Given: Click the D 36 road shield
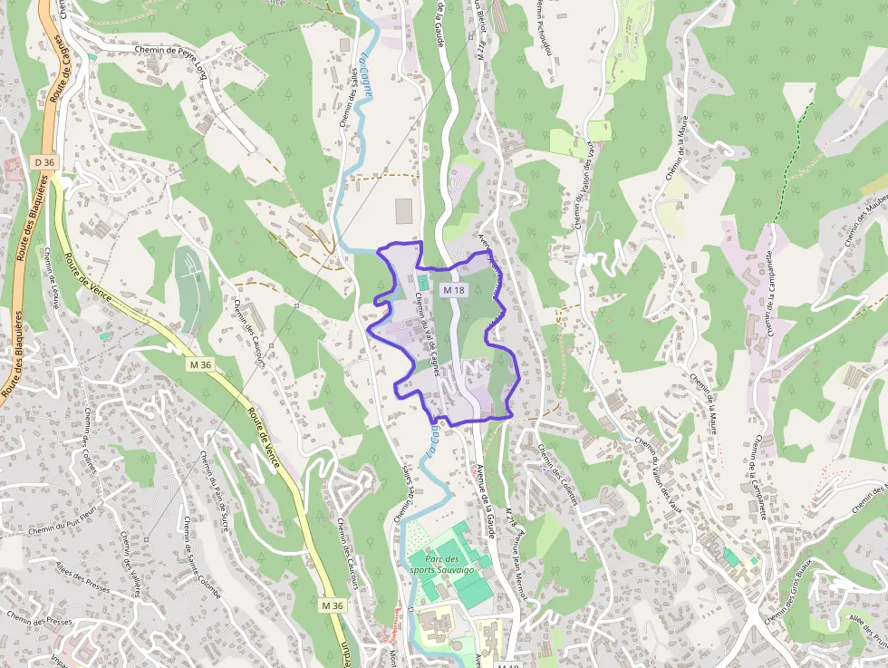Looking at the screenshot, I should (43, 162).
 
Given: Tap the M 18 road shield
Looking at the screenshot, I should (453, 289).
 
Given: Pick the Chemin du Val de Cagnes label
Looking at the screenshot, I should (426, 325).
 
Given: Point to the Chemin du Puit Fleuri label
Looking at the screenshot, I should (63, 524).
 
